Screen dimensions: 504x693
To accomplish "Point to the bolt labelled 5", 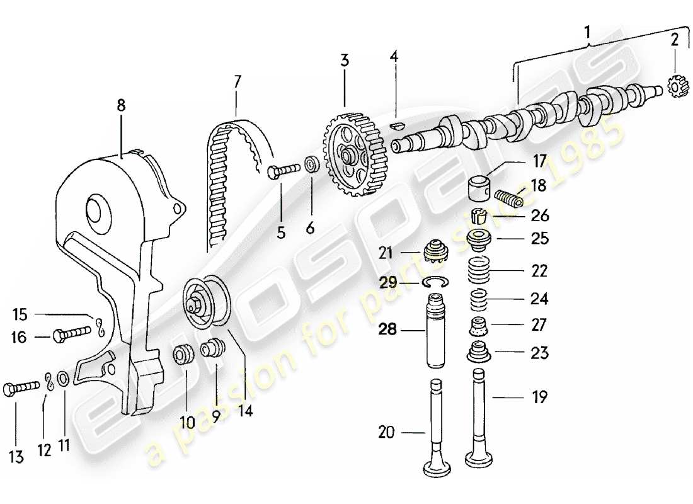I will click(x=284, y=171).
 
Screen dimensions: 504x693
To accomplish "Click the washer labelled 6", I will click(x=311, y=166).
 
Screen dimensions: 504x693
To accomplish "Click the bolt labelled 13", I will click(x=18, y=389).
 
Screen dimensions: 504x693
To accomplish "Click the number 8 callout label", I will click(x=120, y=106).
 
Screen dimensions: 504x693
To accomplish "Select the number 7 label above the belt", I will click(x=237, y=81).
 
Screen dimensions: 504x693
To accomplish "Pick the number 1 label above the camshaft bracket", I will click(x=588, y=30).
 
